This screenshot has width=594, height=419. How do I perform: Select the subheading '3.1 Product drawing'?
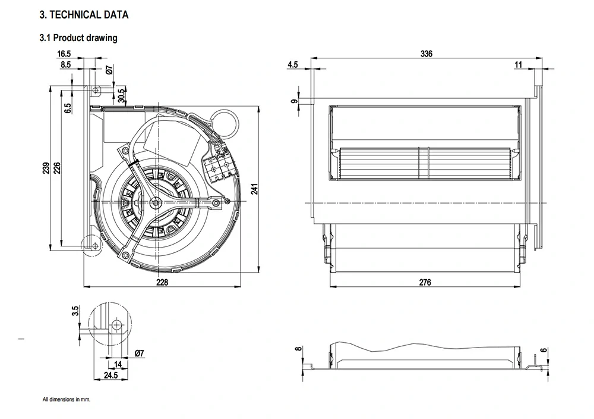pyautogui.click(x=78, y=38)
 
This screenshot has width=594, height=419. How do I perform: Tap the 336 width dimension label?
pyautogui.click(x=426, y=54)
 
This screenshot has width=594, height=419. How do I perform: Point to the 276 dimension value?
pyautogui.click(x=425, y=282)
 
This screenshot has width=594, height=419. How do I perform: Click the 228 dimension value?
pyautogui.click(x=162, y=282)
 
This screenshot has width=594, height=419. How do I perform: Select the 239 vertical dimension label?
pyautogui.click(x=46, y=169)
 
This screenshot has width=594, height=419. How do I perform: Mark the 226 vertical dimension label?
pyautogui.click(x=58, y=169)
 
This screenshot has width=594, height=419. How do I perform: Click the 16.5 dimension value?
pyautogui.click(x=64, y=54)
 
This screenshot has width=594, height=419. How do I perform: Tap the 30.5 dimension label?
pyautogui.click(x=121, y=95)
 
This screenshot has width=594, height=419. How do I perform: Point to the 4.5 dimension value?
pyautogui.click(x=292, y=64)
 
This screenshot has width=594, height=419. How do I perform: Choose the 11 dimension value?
pyautogui.click(x=519, y=64)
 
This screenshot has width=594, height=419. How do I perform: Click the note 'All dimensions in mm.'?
pyautogui.click(x=66, y=399)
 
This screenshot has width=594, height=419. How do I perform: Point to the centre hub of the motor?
pyautogui.click(x=156, y=203)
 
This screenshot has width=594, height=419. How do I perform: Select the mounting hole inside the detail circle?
pyautogui.click(x=116, y=324)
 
